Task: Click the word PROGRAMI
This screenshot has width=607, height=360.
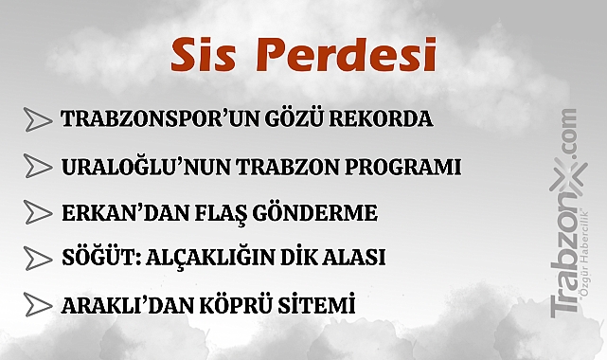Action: point(408,168)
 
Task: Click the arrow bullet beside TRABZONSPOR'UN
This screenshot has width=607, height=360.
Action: point(37,120)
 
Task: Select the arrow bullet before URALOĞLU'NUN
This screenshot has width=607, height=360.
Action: point(37,168)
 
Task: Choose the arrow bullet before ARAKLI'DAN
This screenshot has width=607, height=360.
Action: point(37,305)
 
